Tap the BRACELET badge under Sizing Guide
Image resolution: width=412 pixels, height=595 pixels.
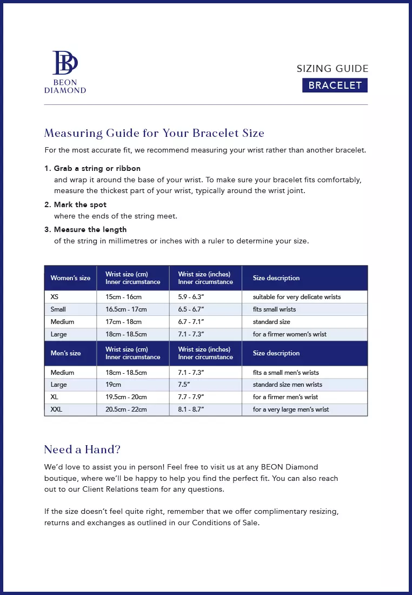pos(335,85)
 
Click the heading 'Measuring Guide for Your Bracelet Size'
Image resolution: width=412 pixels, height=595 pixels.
pos(154,133)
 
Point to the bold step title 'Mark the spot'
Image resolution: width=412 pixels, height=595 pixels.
pos(80,204)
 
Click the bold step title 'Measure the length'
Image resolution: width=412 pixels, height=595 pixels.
pos(90,229)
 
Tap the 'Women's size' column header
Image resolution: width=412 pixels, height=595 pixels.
pos(70,278)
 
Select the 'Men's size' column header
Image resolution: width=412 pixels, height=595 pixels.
pos(65,353)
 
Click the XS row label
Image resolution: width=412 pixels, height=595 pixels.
pos(55,297)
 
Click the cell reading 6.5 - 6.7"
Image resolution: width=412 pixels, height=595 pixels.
pos(191,309)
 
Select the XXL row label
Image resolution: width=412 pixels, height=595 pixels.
pos(56,409)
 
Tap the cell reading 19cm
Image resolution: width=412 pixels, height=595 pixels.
pos(113,385)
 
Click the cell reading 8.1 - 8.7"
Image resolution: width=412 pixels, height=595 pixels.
pos(191,409)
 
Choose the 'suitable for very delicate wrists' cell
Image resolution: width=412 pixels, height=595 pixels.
pos(296,297)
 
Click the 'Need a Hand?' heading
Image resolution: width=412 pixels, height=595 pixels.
pos(82,449)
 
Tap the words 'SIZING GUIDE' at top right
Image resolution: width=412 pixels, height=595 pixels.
pos(333,69)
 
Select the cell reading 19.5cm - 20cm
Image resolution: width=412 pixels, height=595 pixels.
pos(126,397)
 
